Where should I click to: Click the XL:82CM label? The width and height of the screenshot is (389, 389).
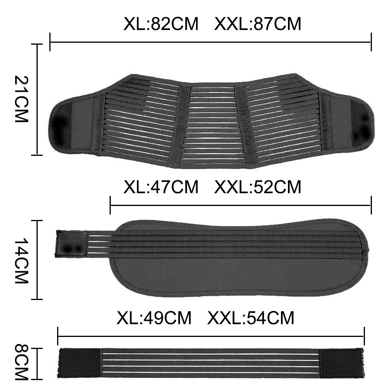[161, 24]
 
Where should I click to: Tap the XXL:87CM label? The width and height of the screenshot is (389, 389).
[258, 24]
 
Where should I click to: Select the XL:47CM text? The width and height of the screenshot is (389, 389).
[161, 187]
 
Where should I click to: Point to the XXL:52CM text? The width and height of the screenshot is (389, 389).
[258, 187]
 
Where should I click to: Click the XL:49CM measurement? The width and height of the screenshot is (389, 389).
[154, 318]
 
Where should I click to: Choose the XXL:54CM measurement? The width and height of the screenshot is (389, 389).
[251, 318]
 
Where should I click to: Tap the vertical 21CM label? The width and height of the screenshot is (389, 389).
[22, 99]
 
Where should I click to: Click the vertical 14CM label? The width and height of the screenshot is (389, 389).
[22, 261]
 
